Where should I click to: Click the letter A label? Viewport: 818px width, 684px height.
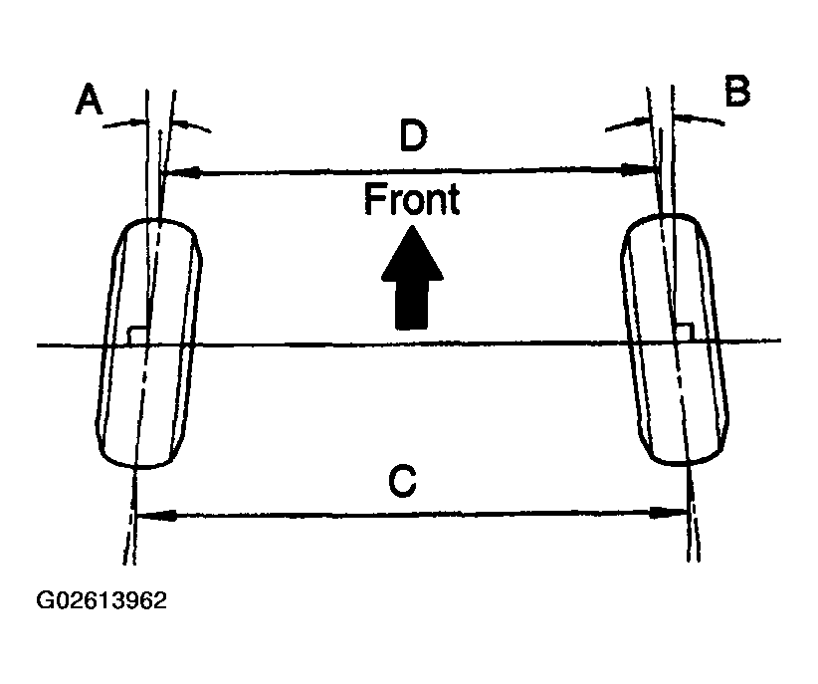point(90,100)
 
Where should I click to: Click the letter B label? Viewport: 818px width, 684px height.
point(737,91)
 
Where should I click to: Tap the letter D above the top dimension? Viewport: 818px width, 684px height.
point(413,134)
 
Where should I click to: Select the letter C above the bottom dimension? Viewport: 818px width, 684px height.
point(402,482)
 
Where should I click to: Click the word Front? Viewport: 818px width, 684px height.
point(412,199)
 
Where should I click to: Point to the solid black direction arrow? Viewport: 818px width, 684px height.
point(412,277)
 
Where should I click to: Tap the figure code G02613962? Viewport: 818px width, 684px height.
point(102,600)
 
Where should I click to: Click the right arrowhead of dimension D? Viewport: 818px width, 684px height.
point(638,169)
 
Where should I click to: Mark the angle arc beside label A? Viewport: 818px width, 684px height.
point(156,122)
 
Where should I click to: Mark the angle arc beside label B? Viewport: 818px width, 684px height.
point(665,119)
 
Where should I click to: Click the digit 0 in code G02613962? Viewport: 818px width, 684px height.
point(62,600)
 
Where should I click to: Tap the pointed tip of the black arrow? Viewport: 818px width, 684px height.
point(412,225)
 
